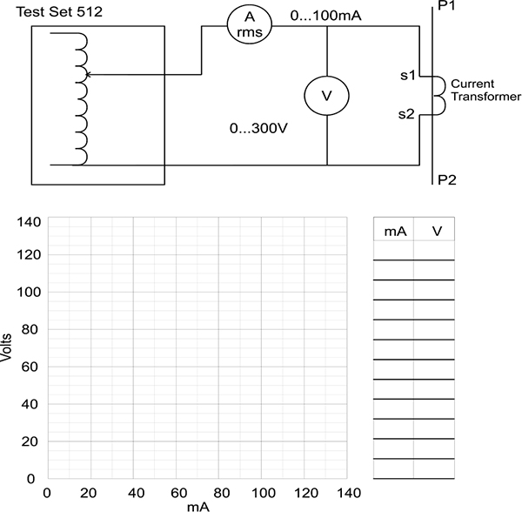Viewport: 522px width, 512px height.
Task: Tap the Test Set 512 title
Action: click(59, 12)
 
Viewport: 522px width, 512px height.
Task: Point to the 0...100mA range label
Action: click(326, 16)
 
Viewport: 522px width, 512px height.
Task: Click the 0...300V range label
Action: click(258, 128)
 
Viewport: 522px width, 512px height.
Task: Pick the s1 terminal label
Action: click(408, 76)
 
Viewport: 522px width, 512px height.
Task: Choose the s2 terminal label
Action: click(406, 114)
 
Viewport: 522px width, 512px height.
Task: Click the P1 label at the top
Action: click(446, 5)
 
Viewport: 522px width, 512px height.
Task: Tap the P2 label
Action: click(447, 180)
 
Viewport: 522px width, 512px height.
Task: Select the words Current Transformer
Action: click(485, 90)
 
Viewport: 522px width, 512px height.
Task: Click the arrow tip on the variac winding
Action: click(86, 75)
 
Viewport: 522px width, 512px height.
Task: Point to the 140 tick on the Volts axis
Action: click(29, 222)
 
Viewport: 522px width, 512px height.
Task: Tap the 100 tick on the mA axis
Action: click(264, 493)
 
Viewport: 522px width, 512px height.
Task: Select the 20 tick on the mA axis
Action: click(88, 493)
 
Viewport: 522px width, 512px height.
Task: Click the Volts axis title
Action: click(6, 347)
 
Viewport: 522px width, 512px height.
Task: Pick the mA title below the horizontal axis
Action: click(198, 507)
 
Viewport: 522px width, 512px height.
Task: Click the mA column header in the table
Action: click(396, 232)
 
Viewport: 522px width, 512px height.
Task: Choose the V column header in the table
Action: click(437, 231)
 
